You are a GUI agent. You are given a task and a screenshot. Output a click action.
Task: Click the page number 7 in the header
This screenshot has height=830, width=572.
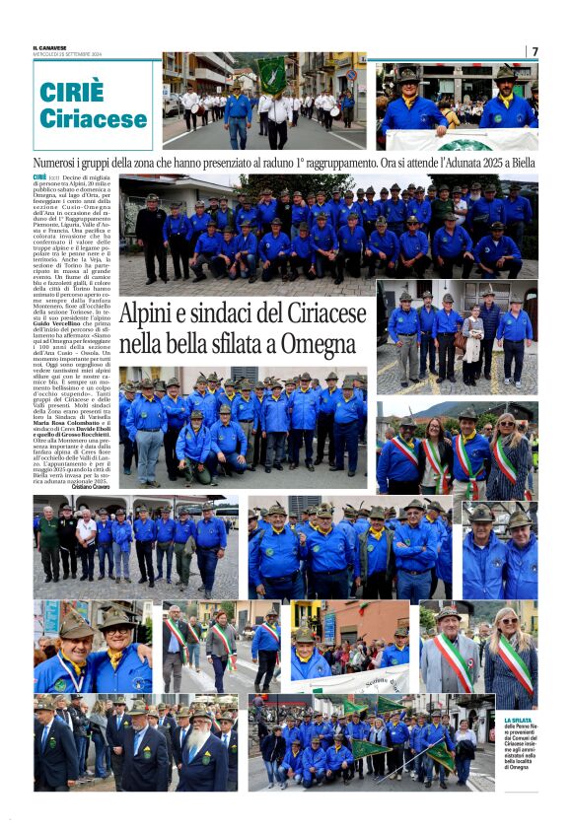(535, 51)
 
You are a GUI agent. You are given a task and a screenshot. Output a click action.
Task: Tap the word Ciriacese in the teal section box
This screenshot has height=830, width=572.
(93, 118)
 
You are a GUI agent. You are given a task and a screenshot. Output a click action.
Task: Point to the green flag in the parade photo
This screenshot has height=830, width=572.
(271, 74)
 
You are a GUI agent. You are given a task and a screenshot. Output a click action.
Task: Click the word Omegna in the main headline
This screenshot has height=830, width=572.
(307, 346)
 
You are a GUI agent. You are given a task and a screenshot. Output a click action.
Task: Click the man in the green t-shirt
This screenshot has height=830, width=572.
(46, 537)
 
